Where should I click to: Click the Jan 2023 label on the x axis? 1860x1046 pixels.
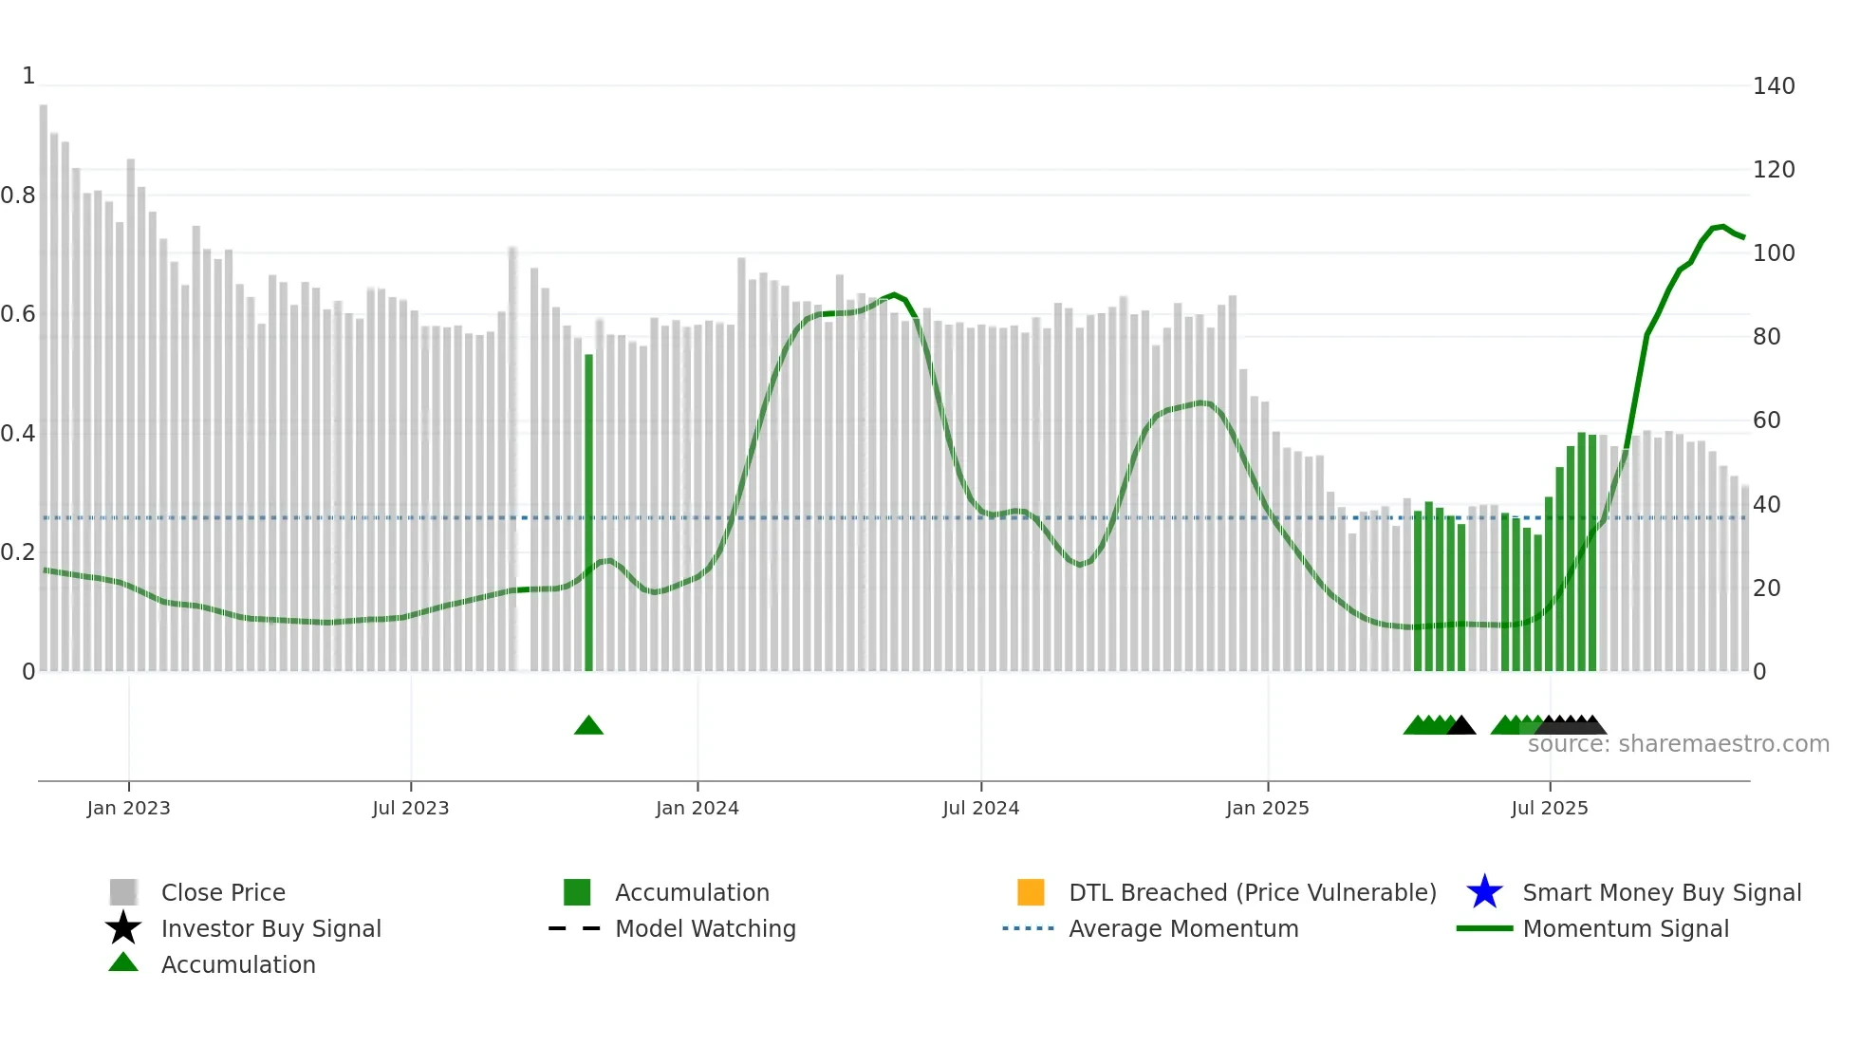click(128, 808)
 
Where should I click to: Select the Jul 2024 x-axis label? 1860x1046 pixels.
click(980, 808)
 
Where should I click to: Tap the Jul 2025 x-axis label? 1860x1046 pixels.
click(1549, 808)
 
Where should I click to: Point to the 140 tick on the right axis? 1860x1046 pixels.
click(1773, 86)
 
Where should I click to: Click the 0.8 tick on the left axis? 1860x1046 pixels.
click(18, 196)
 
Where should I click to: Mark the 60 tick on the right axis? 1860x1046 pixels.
click(1766, 420)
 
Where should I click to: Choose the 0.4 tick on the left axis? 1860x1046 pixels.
click(18, 434)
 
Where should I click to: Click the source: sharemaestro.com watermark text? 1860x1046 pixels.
click(1678, 744)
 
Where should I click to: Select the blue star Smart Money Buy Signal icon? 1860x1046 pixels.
click(1484, 892)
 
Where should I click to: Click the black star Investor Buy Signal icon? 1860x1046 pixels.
click(123, 928)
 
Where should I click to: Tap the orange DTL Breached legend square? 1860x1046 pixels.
click(1031, 892)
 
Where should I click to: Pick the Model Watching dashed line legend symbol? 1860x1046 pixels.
click(575, 928)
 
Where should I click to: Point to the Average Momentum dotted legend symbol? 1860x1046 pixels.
click(1028, 928)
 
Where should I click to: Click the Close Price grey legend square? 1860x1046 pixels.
click(123, 892)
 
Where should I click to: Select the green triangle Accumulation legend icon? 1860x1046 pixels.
click(123, 962)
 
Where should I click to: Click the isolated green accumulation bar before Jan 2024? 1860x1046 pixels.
click(588, 513)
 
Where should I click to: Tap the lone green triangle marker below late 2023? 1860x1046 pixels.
click(588, 726)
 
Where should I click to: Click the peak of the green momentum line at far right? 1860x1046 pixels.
click(1721, 226)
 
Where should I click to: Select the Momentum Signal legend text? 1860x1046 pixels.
click(1625, 928)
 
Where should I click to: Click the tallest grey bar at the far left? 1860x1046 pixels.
click(44, 380)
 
